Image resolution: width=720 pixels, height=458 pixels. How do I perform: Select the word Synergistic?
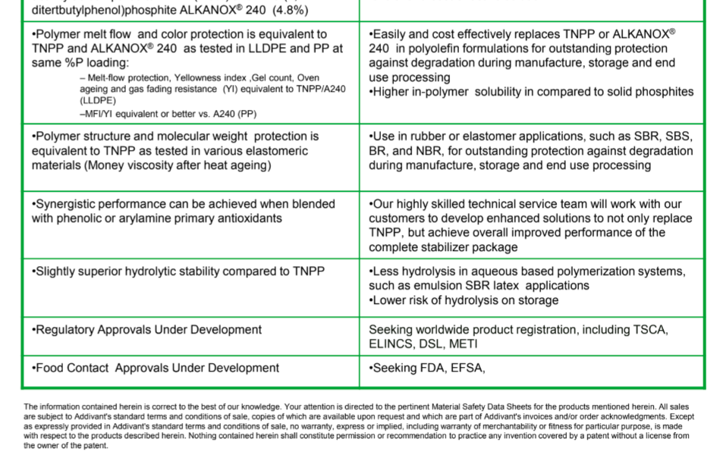tap(67, 204)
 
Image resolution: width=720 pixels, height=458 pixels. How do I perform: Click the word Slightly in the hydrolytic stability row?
tap(57, 271)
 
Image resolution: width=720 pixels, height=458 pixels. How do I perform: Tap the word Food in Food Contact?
tap(49, 368)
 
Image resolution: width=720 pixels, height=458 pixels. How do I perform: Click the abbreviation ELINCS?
tap(391, 344)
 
